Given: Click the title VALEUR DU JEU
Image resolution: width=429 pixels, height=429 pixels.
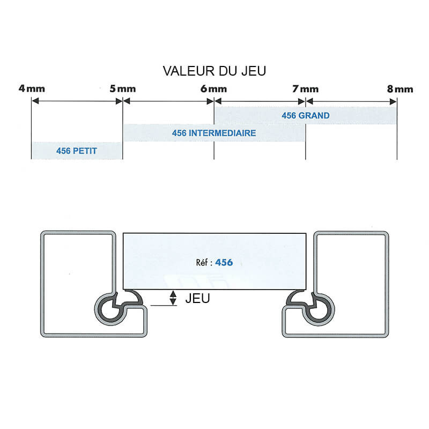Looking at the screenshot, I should point(214,71).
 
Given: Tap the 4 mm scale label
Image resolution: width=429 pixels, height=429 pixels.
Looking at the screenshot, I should point(32,88).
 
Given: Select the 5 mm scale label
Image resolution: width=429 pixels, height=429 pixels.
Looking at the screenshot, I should point(123,88).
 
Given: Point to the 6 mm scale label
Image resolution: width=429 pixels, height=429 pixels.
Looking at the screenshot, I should point(214,88).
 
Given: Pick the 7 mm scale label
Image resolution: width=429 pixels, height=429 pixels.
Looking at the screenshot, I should point(306,88).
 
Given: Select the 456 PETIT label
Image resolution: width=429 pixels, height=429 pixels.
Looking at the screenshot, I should point(77,151).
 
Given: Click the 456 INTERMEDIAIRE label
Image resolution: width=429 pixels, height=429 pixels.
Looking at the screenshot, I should point(214,133).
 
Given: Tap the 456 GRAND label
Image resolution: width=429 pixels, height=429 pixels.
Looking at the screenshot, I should point(306,115).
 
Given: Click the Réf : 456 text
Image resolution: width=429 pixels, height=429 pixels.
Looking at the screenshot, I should point(214,262).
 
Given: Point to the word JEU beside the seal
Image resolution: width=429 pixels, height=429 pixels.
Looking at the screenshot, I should point(197,299).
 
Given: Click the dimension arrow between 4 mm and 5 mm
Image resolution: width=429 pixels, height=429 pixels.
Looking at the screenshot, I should point(77,101).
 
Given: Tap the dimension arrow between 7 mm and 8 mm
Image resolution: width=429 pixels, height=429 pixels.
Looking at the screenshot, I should point(351,101).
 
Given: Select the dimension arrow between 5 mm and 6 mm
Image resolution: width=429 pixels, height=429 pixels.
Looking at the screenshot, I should point(168,101).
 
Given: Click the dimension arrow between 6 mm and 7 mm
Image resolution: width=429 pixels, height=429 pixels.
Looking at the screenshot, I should point(260,101).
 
